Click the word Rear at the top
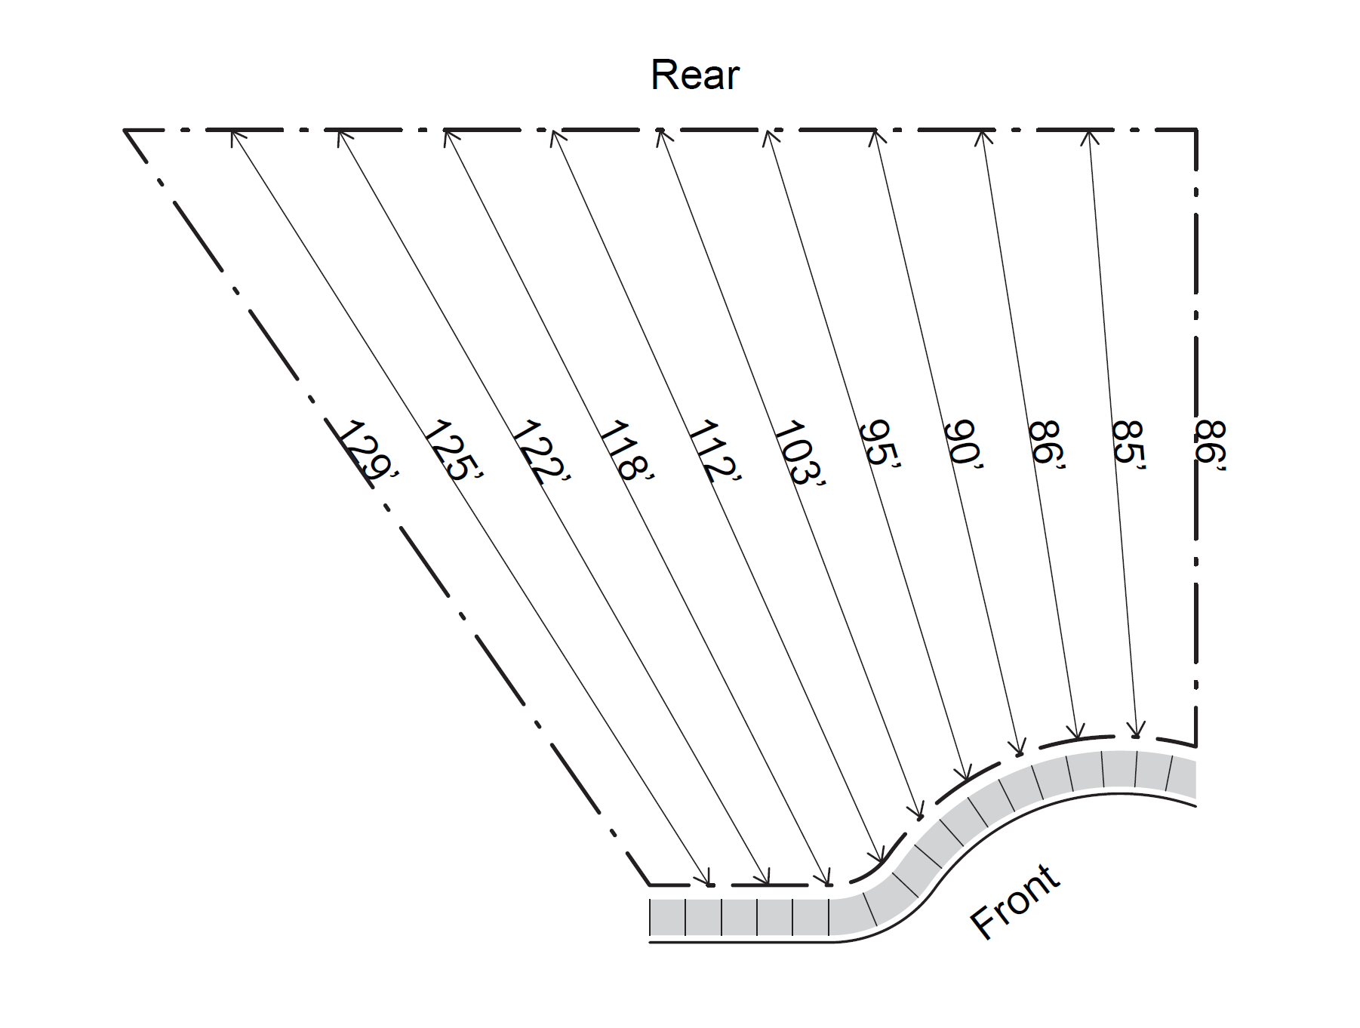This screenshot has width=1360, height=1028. pyautogui.click(x=694, y=75)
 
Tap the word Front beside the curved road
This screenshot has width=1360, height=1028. pyautogui.click(x=1015, y=902)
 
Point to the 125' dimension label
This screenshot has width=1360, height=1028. pyautogui.click(x=451, y=451)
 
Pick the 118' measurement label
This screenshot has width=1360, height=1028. pyautogui.click(x=626, y=451)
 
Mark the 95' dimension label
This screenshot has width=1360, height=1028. pyautogui.click(x=880, y=445)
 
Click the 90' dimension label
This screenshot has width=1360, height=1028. pyautogui.click(x=964, y=445)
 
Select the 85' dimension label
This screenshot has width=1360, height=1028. pyautogui.click(x=1128, y=445)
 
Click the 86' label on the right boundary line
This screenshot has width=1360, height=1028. pyautogui.click(x=1211, y=445)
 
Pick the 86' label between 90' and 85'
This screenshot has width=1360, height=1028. pyautogui.click(x=1047, y=445)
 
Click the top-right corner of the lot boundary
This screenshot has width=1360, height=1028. pyautogui.click(x=1196, y=131)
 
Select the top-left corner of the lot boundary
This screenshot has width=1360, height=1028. pyautogui.click(x=125, y=131)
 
